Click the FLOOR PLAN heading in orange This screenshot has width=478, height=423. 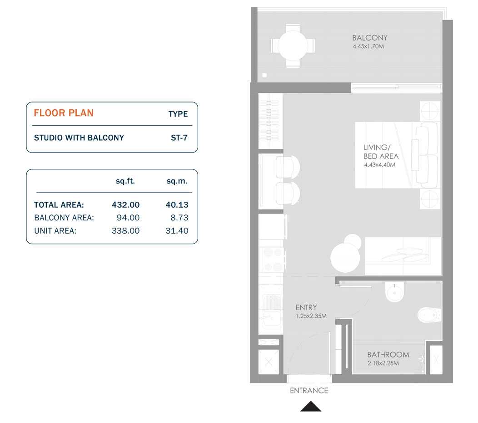point(64,113)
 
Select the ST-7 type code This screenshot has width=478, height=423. point(179,138)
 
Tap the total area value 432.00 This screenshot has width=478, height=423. point(125,205)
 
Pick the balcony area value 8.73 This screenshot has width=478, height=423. point(177,218)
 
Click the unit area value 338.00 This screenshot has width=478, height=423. point(125,231)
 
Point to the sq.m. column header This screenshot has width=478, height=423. point(177,181)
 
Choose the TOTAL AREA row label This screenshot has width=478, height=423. point(59,205)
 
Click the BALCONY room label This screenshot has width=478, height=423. point(369,38)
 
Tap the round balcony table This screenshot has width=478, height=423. point(293,46)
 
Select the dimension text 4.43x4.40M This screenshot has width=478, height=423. point(379,165)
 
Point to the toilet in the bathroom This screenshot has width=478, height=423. point(428,315)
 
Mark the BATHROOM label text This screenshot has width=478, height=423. point(388,355)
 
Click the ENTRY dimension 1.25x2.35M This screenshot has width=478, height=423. point(311,316)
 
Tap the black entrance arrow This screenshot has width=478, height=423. point(311,406)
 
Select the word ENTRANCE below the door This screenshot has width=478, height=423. point(309,390)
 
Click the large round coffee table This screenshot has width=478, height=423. point(345,258)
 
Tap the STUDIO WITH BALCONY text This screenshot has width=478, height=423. point(79,138)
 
